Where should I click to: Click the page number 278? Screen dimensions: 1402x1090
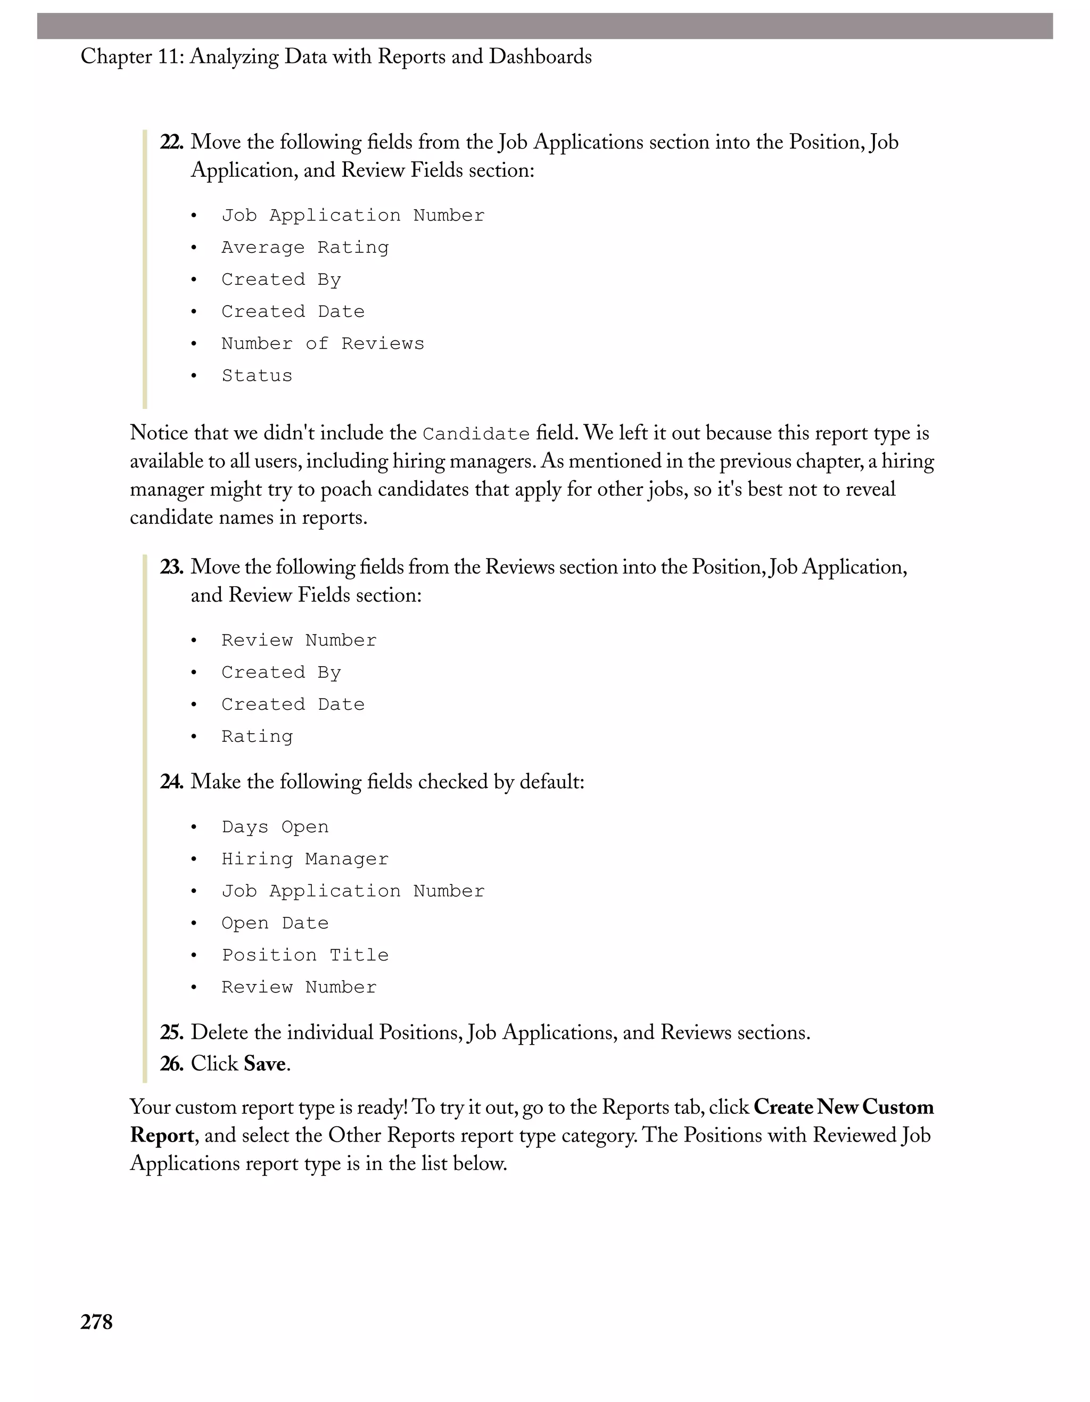pyautogui.click(x=96, y=1322)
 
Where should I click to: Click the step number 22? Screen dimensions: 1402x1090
pyautogui.click(x=171, y=142)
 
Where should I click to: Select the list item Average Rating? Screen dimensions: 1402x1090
pyautogui.click(x=305, y=247)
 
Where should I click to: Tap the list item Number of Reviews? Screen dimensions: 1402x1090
pyautogui.click(x=323, y=343)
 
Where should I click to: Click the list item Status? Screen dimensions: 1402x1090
pyautogui.click(x=257, y=375)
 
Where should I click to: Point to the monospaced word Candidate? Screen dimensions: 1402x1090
pyautogui.click(x=476, y=434)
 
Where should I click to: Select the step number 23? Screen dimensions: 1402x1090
pyautogui.click(x=171, y=567)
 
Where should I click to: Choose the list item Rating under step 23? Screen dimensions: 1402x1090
pyautogui.click(x=257, y=736)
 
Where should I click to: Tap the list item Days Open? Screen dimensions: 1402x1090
pyautogui.click(x=275, y=827)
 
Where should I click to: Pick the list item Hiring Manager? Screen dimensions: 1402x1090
pyautogui.click(x=305, y=859)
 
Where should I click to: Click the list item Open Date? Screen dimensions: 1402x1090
pyautogui.click(x=275, y=923)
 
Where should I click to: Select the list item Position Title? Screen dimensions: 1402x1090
pyautogui.click(x=305, y=955)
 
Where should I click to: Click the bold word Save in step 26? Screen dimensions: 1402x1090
pyautogui.click(x=265, y=1064)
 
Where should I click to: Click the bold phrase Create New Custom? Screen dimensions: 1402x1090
pyautogui.click(x=843, y=1108)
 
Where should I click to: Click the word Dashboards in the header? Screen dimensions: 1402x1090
pyautogui.click(x=540, y=56)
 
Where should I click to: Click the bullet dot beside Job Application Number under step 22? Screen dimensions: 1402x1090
pyautogui.click(x=194, y=216)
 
